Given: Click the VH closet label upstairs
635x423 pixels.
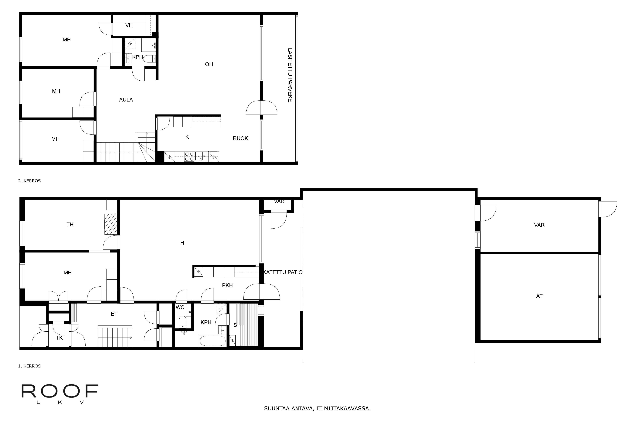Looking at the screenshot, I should [x=129, y=25].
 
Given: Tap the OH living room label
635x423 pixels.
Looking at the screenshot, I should [x=209, y=64].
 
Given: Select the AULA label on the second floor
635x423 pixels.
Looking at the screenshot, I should [x=126, y=100].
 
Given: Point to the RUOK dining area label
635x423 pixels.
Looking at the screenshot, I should [x=240, y=138].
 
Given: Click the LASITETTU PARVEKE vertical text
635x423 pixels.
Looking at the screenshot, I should [x=290, y=75].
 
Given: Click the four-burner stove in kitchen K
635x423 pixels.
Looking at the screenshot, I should [x=189, y=157].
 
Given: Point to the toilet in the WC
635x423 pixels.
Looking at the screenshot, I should [x=183, y=322].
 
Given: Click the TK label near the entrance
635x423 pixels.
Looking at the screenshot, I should [x=59, y=338].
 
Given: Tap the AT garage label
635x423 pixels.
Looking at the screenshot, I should [x=539, y=296].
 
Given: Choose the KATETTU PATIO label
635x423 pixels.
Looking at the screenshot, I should [x=283, y=272].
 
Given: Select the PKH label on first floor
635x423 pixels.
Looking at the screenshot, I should [x=227, y=285].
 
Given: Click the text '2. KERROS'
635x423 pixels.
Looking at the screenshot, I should [x=29, y=181].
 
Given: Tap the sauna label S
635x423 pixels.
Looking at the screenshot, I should [x=235, y=325].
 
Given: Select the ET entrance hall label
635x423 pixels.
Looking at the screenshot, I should [x=114, y=314].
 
